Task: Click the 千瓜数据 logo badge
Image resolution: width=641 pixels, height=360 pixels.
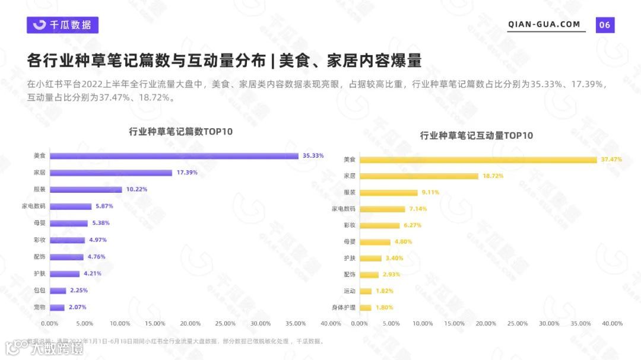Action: coord(62,25)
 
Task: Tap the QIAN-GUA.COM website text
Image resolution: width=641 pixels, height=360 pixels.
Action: coord(544,24)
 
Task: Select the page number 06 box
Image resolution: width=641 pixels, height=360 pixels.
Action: coord(605,25)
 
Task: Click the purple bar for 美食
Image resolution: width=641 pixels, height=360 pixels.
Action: coord(174,156)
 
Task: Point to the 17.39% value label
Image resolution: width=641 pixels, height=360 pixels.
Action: coord(187,173)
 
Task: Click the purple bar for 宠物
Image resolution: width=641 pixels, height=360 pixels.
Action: coord(57,308)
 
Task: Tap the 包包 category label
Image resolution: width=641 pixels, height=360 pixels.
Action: coord(40,291)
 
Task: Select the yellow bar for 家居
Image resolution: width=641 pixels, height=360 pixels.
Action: coord(419,176)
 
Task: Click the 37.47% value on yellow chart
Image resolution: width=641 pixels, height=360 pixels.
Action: coord(611,160)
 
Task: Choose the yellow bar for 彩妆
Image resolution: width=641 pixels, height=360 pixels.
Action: coord(380,225)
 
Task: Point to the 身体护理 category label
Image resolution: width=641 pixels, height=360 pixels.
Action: coord(344,308)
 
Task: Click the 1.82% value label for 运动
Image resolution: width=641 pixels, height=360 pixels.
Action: coord(384,291)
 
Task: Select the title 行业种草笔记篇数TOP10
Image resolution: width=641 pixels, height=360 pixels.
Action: coord(180,132)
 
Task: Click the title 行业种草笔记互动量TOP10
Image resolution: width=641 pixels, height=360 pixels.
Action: coord(476,136)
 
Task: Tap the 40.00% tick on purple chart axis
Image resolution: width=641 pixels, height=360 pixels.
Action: coord(331,324)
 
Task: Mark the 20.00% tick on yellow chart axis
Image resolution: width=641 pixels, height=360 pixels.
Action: coord(485,324)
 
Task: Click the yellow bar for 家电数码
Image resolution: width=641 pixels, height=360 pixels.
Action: coord(382,209)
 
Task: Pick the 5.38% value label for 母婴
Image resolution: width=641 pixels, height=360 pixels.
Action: coord(101,223)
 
